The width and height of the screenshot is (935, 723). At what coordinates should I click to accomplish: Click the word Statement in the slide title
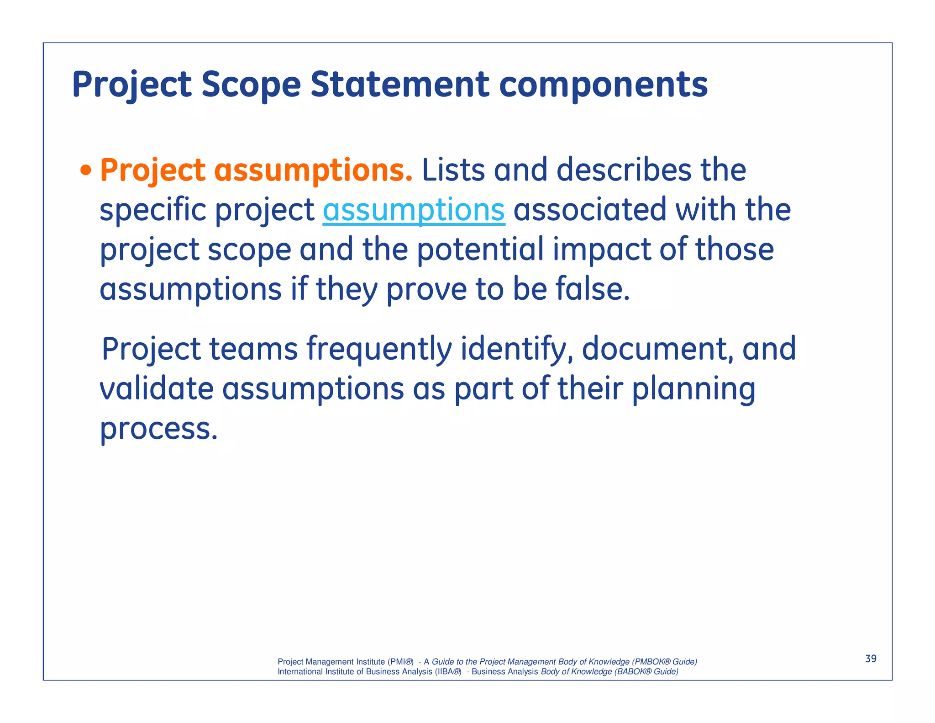(399, 85)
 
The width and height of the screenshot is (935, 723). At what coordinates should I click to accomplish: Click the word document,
(658, 349)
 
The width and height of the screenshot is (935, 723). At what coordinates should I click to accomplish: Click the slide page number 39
(871, 659)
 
